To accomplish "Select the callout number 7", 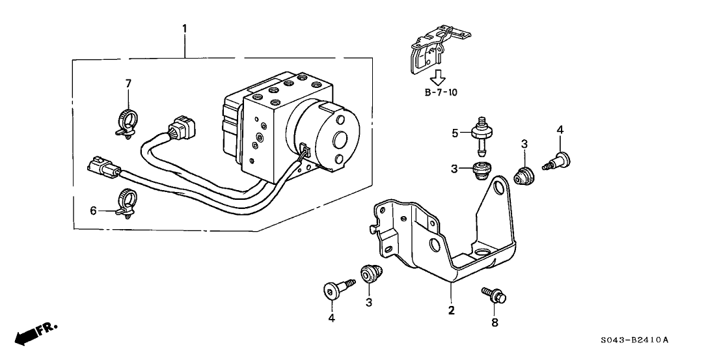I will click(128, 83).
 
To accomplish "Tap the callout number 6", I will click(93, 210).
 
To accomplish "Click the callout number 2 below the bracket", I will click(450, 311).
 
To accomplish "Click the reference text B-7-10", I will click(441, 92).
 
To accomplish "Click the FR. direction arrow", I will click(36, 333).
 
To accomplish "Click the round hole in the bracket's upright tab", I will click(500, 189).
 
